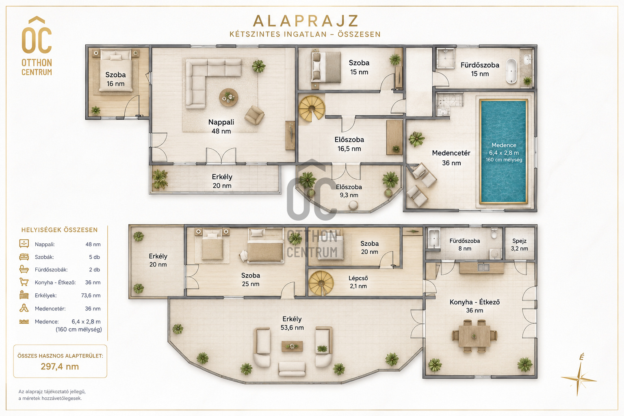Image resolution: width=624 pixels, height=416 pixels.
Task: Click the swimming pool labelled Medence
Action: coord(504,152)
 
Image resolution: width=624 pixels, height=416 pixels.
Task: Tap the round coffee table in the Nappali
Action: coord(228,97)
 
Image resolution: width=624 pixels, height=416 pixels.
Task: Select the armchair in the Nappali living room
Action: coord(254,115)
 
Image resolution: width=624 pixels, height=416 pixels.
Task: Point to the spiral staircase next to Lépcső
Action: coord(321,283)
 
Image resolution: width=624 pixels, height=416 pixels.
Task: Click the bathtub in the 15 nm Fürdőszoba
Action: coord(511,71)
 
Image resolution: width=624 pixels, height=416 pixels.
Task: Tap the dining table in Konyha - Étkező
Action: coord(474,336)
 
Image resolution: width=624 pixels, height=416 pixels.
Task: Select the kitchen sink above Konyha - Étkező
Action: coord(483,267)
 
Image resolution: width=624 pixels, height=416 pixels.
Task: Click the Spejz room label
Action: coord(519,245)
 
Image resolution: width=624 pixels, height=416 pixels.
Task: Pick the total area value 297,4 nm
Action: coord(60,366)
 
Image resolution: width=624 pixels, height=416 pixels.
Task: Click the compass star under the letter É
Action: coord(579,379)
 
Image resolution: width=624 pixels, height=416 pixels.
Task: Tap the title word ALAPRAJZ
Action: coord(305,21)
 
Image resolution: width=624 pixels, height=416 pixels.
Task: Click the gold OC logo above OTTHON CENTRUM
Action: coord(37,35)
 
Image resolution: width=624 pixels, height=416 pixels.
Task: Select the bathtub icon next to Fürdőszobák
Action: coord(24,269)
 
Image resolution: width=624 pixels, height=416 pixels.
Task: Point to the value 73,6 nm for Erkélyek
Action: coord(91,295)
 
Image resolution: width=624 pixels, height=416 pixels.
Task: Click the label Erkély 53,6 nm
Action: coord(292,323)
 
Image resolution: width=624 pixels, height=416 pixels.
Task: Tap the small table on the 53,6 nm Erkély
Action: coord(292,347)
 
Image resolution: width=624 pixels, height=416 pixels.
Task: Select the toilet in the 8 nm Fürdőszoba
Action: coord(494,234)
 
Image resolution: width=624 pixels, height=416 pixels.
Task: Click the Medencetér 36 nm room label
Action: coord(451,158)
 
